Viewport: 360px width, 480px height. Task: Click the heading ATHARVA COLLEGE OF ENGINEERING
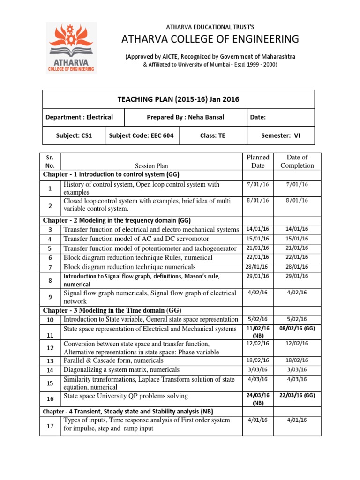pyautogui.click(x=210, y=38)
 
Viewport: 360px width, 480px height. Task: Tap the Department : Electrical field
pyautogui.click(x=78, y=117)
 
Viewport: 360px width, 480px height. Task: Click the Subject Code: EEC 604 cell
pyautogui.click(x=141, y=135)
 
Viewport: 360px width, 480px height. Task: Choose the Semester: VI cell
pyautogui.click(x=280, y=135)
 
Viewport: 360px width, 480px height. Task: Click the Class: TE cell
pyautogui.click(x=212, y=135)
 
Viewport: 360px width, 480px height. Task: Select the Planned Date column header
pyautogui.click(x=258, y=161)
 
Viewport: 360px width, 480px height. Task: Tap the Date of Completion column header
pyautogui.click(x=297, y=161)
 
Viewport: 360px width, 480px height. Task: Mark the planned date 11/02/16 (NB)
pyautogui.click(x=258, y=332)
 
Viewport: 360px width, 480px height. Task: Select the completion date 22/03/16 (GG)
pyautogui.click(x=297, y=395)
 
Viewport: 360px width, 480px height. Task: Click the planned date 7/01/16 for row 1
pyautogui.click(x=258, y=184)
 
